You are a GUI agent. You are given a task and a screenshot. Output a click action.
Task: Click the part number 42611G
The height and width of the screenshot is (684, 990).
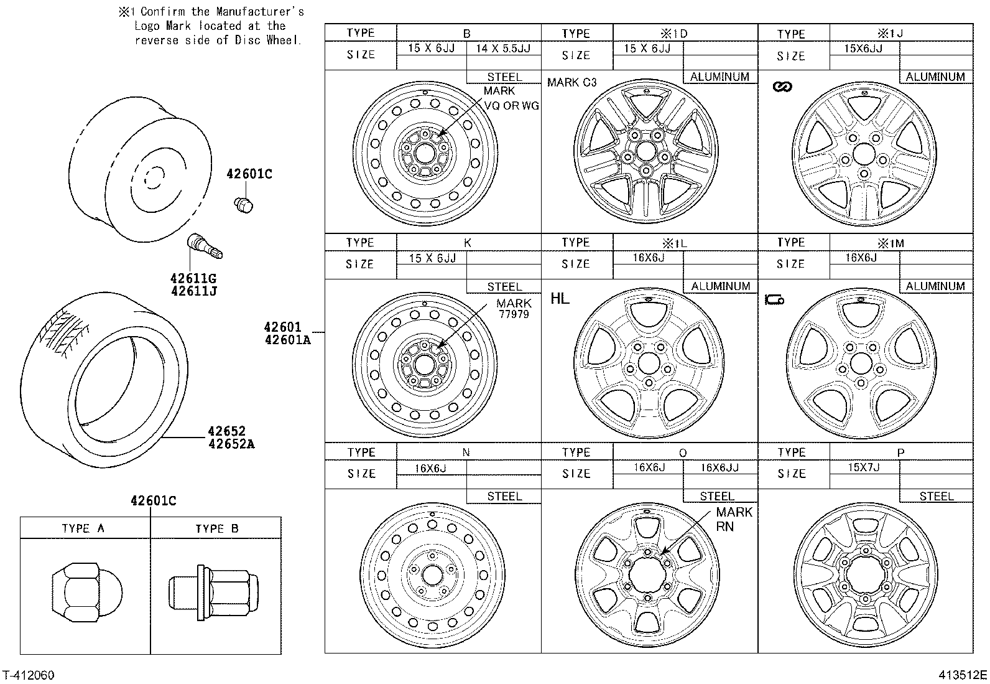[193, 278]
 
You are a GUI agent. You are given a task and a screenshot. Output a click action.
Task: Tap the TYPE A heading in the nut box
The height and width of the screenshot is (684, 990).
[83, 528]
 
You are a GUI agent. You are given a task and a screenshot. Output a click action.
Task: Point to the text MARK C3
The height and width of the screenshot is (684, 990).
[571, 82]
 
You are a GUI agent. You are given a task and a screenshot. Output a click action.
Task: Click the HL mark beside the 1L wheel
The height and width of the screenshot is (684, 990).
[559, 299]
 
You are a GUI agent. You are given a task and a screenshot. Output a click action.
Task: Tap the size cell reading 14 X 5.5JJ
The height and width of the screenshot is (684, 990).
[503, 49]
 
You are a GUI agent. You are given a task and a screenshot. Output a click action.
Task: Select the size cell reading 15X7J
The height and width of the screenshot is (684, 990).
[863, 467]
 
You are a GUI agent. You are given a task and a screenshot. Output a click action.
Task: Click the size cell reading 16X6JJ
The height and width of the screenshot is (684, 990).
[719, 467]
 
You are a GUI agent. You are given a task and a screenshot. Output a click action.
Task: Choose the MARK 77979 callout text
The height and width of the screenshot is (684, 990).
[514, 309]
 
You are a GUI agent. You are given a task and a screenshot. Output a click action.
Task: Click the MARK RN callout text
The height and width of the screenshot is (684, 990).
[733, 519]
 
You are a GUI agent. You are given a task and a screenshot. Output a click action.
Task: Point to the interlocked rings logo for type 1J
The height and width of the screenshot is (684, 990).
[782, 87]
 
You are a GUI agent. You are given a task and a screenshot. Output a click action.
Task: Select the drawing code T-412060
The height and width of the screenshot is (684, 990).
[29, 675]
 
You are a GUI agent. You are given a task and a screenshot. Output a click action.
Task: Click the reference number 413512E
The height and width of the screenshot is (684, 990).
[963, 675]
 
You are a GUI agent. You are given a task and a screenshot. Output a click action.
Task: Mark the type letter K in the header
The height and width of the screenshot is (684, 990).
[468, 243]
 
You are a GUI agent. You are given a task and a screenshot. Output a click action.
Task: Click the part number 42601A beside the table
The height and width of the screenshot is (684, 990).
[287, 339]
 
